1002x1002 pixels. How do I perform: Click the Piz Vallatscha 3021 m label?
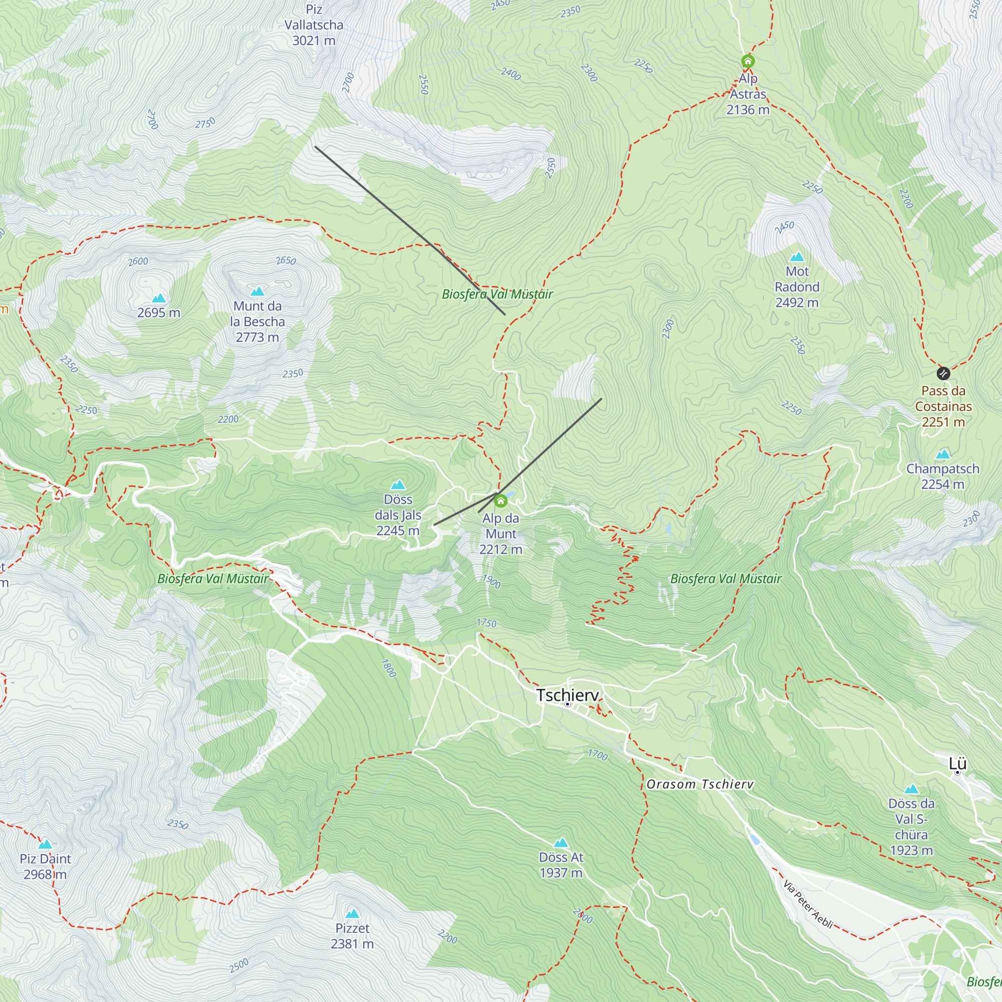coord(313,25)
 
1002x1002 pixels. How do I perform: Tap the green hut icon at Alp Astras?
coord(747,61)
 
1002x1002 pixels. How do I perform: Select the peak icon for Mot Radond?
coord(797,257)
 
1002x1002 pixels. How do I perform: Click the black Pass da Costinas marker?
coord(943,373)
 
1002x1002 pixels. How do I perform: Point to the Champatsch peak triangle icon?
coord(942,455)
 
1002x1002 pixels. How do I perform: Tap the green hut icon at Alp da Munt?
coord(500,501)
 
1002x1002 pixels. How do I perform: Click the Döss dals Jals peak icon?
coord(398,485)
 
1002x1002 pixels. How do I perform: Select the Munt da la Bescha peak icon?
coord(257,292)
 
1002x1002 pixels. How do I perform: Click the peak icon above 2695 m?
coord(159,298)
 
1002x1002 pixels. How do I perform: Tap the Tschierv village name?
coord(568,695)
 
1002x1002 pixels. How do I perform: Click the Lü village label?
coord(957,764)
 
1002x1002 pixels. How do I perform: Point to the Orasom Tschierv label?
coord(699,784)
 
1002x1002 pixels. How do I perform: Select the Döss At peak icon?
coord(561,843)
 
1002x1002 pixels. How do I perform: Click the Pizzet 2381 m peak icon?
coord(352,914)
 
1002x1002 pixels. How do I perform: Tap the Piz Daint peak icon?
coord(45,844)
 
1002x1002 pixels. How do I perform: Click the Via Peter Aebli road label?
coord(808,904)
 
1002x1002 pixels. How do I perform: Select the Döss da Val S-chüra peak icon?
coord(911,790)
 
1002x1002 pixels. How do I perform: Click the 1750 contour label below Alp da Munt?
coord(486,623)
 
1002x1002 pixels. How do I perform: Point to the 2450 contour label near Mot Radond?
coord(784,226)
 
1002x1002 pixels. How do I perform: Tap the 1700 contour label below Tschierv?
coord(598,755)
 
